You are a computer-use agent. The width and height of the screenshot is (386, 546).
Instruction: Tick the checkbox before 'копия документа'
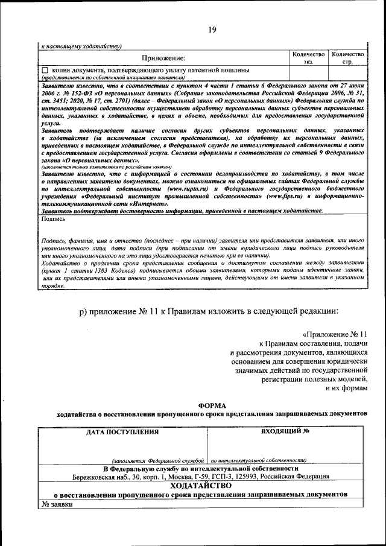pyautogui.click(x=45, y=71)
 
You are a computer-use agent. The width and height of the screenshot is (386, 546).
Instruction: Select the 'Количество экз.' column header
pyautogui.click(x=308, y=58)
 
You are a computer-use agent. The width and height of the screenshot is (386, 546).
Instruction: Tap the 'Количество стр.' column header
pyautogui.click(x=347, y=58)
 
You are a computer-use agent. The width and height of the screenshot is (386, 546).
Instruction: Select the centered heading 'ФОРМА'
pyautogui.click(x=211, y=405)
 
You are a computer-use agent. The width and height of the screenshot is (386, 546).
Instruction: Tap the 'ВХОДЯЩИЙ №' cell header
pyautogui.click(x=286, y=432)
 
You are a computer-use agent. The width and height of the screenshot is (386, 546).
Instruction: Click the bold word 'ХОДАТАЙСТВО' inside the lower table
pyautogui.click(x=200, y=485)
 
